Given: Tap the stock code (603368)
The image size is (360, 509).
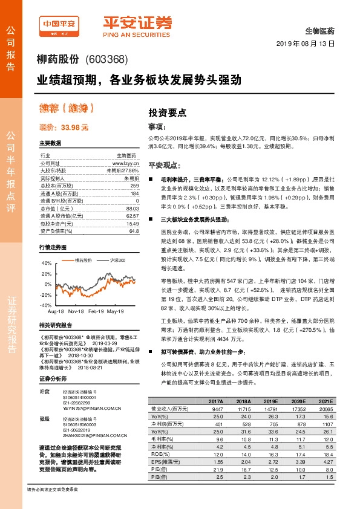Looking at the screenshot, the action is point(106,59).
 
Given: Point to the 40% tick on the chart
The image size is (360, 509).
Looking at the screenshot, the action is point(47,264).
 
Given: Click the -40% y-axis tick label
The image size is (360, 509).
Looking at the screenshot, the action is point(45,305).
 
